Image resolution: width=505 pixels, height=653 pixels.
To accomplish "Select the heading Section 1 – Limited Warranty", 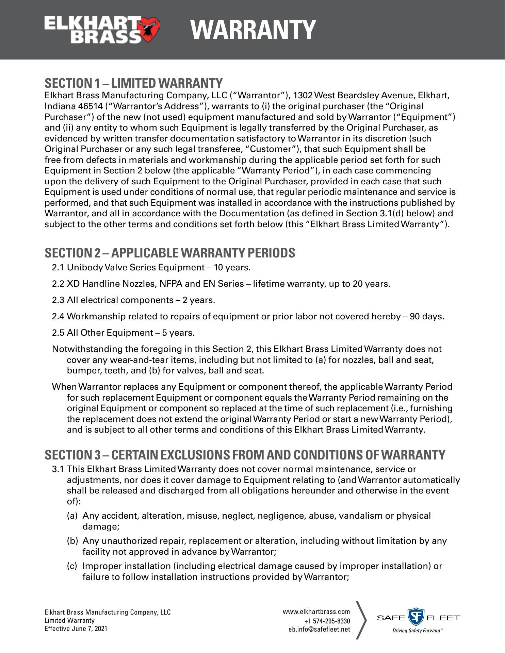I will tap(134, 83).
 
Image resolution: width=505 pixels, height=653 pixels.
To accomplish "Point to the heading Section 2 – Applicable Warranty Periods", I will tap(170, 253).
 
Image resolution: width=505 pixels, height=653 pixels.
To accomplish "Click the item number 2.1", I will tap(58, 268).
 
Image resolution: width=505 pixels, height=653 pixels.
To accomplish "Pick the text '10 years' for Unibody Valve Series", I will tap(232, 268).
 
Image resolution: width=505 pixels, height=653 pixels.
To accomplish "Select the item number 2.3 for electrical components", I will tap(58, 300).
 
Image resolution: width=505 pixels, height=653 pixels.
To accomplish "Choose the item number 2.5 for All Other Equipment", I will tap(58, 333).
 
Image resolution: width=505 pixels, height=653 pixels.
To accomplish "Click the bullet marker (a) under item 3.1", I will tap(72, 516).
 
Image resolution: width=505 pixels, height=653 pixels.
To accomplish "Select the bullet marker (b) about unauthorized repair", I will tap(72, 541).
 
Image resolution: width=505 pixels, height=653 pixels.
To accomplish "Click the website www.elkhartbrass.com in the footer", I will tap(316, 612).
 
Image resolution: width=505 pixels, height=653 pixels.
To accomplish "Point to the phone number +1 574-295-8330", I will tap(327, 621).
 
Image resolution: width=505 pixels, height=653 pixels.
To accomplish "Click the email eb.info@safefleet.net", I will tap(319, 629).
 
